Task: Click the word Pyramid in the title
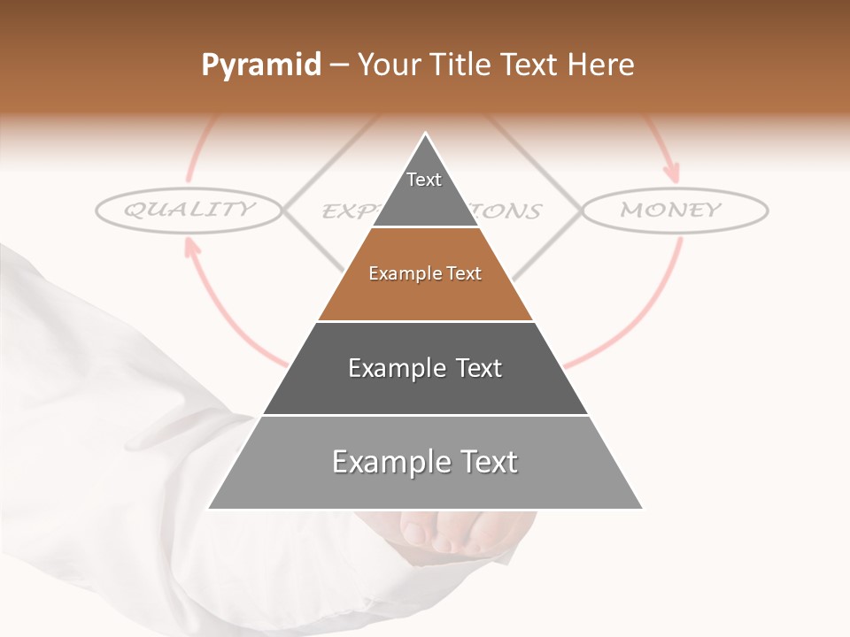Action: [261, 65]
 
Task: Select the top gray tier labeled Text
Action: [425, 190]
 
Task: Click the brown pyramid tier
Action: [425, 274]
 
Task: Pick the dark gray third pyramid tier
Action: [425, 368]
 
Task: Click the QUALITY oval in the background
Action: [189, 210]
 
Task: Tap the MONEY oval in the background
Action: [673, 211]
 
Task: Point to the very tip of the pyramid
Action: [426, 135]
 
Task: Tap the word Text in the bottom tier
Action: [488, 462]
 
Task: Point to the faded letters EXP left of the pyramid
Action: [341, 211]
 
